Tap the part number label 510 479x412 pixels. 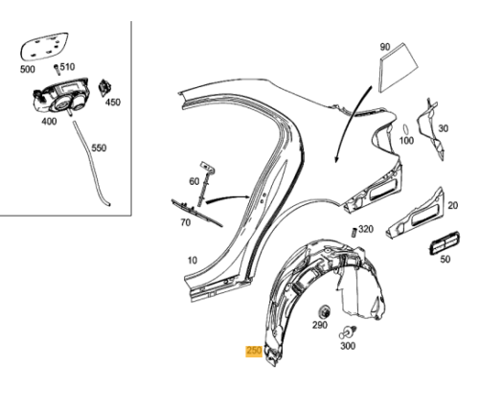[x=67, y=68]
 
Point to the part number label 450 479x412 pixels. [x=113, y=103]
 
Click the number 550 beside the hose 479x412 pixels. [x=99, y=149]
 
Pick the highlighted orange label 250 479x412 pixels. [x=254, y=352]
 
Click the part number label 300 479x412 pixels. [x=347, y=346]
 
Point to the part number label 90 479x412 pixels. [x=385, y=46]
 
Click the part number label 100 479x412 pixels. [x=407, y=142]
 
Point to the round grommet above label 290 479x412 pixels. [x=322, y=311]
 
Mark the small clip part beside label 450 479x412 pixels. [x=106, y=85]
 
